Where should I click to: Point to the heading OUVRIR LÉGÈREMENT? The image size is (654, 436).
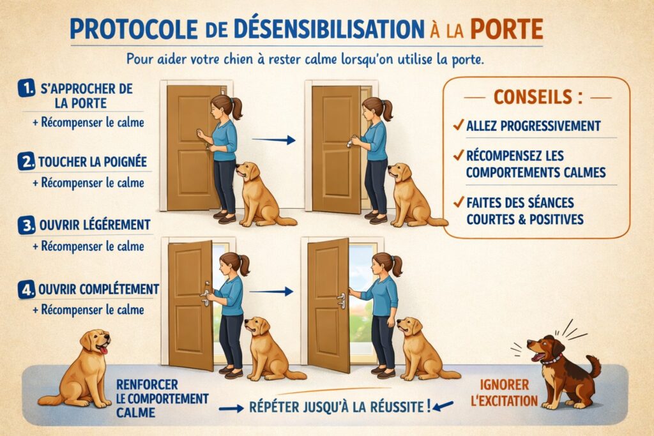click(86, 225)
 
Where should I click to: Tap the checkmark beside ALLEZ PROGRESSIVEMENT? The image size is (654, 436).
click(457, 125)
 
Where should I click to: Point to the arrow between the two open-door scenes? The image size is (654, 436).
click(270, 291)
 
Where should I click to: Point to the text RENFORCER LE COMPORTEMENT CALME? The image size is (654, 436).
click(162, 399)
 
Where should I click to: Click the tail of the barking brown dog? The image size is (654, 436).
click(595, 366)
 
